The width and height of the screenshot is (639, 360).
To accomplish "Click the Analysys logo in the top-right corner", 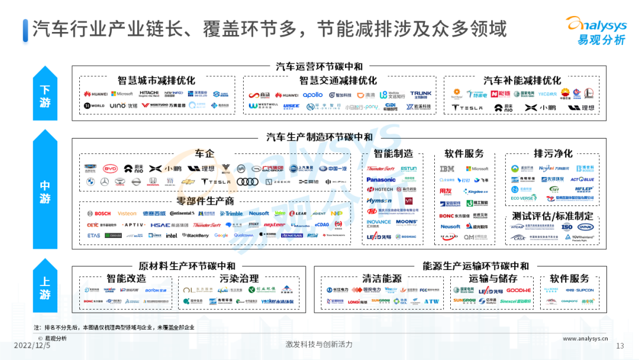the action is tap(595, 30).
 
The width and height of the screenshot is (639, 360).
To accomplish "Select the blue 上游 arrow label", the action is tap(45, 286).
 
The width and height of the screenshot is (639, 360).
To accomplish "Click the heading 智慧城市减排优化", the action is tap(156, 81).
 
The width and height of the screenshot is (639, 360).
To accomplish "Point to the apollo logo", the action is tap(313, 95).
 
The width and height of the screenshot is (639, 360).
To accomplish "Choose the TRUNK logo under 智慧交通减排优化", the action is tap(421, 94).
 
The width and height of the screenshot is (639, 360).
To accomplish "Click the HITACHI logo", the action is tap(149, 94).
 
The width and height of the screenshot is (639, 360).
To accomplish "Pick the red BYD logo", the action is tap(111, 169).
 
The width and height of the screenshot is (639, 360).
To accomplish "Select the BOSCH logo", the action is tap(99, 214).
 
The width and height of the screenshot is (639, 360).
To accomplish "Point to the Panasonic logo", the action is tap(381, 179).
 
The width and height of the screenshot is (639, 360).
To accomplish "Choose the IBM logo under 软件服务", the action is tap(447, 169).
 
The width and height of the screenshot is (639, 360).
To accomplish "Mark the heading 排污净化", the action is tap(553, 153).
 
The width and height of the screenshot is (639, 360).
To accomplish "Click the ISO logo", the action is tap(567, 227).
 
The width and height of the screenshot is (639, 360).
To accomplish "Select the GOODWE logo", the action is tap(519, 291).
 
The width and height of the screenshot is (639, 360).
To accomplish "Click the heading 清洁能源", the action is tap(382, 278).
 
